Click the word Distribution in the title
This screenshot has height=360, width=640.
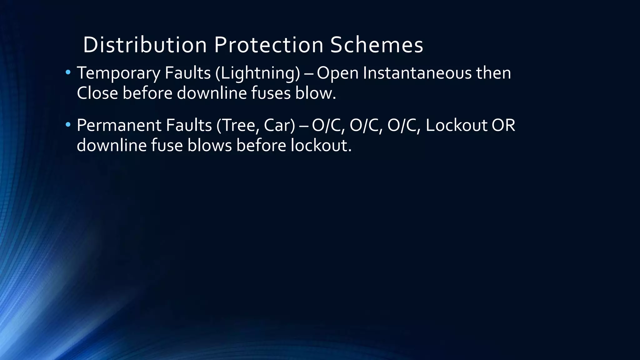[145, 45]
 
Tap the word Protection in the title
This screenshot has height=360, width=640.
[268, 45]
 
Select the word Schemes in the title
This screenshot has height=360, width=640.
[377, 45]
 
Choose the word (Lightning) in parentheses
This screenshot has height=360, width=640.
[257, 73]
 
